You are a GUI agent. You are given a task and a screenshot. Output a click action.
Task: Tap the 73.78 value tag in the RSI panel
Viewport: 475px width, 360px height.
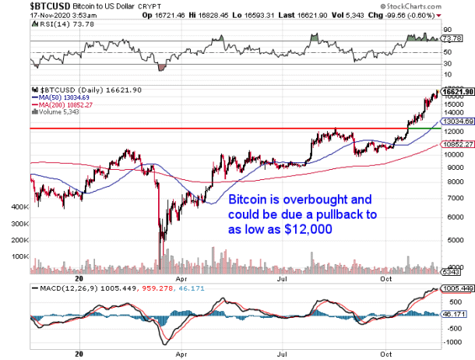pos(452,37)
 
